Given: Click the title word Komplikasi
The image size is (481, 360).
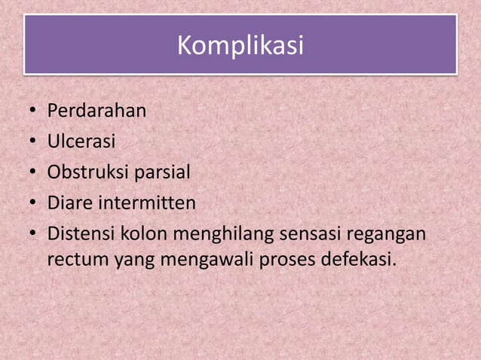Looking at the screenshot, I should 240,47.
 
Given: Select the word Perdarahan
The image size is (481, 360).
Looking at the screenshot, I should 97,112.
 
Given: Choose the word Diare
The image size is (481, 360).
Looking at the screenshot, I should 69,203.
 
